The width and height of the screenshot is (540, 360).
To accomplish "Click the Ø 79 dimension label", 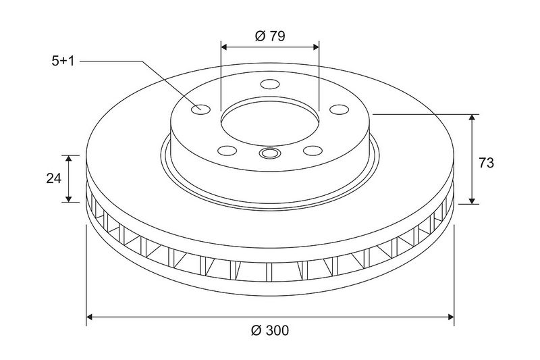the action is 270,36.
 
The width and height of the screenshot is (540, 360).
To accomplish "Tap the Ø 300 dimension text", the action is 270,331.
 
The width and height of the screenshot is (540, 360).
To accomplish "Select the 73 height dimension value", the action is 486,163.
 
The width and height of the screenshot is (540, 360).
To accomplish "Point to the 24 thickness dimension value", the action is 54,178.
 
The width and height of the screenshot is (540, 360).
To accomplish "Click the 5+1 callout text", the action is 63,61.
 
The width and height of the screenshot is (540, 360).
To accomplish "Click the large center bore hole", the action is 270,122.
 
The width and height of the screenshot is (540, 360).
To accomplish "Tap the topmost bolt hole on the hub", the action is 270,84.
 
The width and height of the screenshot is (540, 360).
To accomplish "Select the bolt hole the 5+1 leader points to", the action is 200,109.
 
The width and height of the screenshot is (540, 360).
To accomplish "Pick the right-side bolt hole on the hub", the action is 340,109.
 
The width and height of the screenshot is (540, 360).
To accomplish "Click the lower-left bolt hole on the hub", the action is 227,151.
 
